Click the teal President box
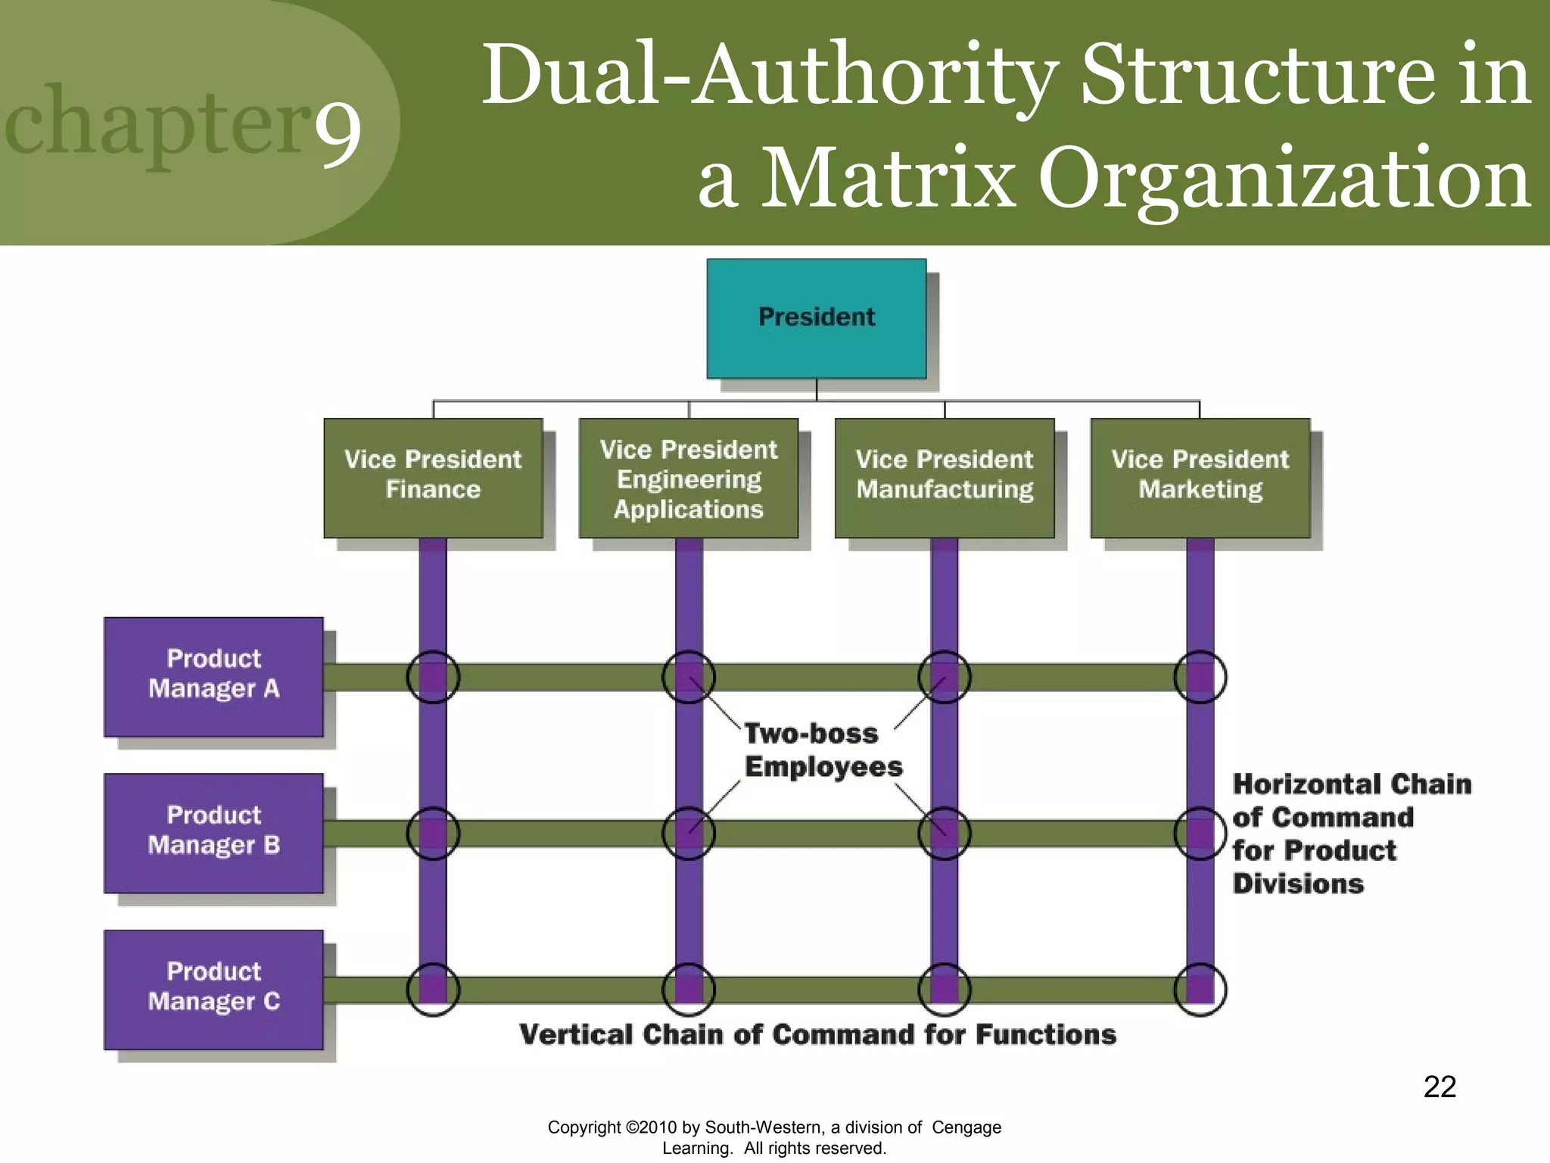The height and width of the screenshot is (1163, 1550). coord(816,318)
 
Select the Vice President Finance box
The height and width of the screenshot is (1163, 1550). coord(433,478)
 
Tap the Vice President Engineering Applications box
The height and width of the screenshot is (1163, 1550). coord(688,478)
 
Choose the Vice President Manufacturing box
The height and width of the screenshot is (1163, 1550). coord(944,478)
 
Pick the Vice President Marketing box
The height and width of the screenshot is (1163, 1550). coord(1200,478)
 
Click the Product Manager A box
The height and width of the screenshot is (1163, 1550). coord(213,676)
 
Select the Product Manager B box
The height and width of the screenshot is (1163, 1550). coord(213,833)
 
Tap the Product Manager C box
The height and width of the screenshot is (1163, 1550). coord(213,989)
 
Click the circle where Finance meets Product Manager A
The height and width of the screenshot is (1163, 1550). coord(433,677)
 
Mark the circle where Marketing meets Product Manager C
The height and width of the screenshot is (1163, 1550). coord(1200,989)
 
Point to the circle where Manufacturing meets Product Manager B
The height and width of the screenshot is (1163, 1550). coord(944,833)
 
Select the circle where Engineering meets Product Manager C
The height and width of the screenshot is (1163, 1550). coord(688,989)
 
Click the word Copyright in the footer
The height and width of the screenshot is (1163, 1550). coord(584,1127)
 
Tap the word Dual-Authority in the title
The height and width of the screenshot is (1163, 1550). coord(768,76)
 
